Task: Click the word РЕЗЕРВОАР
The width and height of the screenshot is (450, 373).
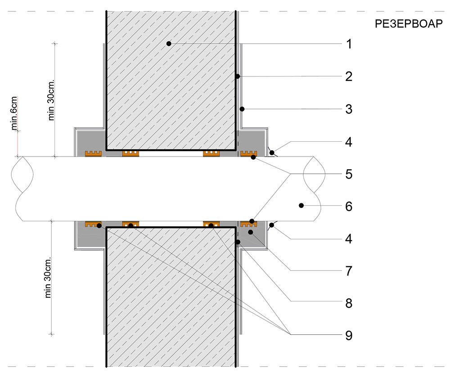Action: [409, 24]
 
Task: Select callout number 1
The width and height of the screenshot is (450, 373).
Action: [349, 44]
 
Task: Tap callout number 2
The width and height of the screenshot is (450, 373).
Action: [349, 76]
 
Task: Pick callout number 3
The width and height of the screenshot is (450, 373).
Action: [349, 109]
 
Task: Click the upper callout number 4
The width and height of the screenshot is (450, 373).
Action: [349, 142]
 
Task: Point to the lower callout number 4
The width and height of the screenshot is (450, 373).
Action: [349, 238]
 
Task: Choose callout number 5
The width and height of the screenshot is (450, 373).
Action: [349, 174]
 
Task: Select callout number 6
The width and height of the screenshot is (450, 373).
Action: [349, 207]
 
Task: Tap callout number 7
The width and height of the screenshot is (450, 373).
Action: [349, 271]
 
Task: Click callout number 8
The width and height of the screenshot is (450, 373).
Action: [349, 303]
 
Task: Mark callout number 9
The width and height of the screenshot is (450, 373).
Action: [349, 335]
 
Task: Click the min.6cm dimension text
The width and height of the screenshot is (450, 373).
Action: [14, 113]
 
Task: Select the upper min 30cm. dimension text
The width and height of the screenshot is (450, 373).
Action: [51, 99]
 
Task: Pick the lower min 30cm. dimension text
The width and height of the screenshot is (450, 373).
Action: [48, 277]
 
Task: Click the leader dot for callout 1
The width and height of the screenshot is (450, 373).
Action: [169, 44]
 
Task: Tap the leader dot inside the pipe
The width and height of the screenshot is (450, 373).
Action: [301, 206]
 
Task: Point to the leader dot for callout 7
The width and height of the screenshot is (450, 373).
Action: [251, 232]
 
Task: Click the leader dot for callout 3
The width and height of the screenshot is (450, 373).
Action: [242, 109]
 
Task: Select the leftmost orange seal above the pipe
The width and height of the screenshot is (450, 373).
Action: [93, 153]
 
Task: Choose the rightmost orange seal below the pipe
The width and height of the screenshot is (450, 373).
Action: [248, 224]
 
